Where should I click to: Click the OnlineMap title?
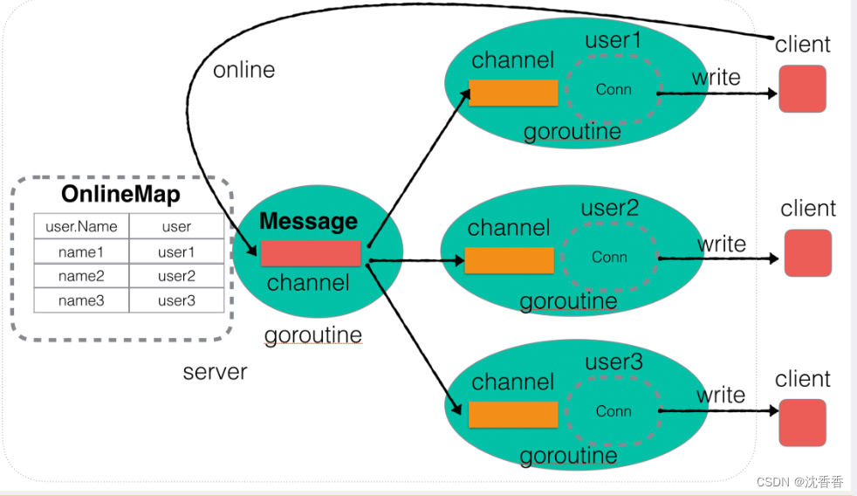click(120, 194)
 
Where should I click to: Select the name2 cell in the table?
click(81, 276)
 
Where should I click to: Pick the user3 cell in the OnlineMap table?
click(176, 300)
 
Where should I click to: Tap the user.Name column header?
click(81, 226)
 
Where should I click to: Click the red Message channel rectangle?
click(311, 253)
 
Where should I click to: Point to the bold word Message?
click(308, 221)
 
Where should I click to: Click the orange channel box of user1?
click(513, 93)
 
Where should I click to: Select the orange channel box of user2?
click(509, 260)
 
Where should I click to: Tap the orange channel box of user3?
click(513, 415)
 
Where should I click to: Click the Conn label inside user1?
click(614, 89)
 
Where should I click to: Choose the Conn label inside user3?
click(614, 411)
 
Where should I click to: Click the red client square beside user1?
click(802, 88)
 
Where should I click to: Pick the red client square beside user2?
click(808, 253)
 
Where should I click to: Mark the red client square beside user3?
click(802, 423)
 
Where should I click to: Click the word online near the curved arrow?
click(243, 70)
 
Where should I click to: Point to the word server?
click(215, 372)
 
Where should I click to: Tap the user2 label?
click(609, 208)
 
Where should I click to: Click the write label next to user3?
click(721, 395)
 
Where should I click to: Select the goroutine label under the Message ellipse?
click(313, 335)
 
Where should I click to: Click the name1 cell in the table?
click(81, 251)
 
